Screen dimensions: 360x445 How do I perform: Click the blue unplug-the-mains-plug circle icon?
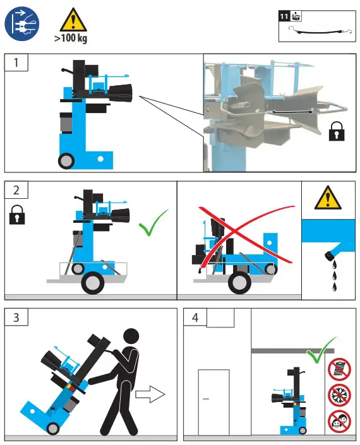coord(22,24)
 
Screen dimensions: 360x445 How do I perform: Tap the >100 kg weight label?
coord(71,38)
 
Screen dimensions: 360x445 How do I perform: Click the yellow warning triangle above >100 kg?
coord(73,20)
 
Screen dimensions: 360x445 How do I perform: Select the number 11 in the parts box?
coord(284,16)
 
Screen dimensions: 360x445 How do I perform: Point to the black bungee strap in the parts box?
coord(320,31)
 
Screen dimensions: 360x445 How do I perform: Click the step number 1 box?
coord(16,62)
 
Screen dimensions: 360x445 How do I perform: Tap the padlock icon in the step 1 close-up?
coord(337,131)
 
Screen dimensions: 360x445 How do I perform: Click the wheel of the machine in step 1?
coord(66,161)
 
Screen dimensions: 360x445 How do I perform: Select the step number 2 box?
coord(16,190)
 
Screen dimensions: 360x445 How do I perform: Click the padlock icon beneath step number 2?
coord(17,215)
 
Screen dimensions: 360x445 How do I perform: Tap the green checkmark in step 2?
coord(153,223)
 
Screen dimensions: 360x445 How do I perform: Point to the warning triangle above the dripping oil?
coord(328,198)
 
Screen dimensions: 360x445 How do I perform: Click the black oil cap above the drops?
coord(330,256)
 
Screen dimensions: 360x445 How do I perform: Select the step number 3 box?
coord(16,317)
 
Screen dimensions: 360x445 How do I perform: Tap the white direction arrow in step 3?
coord(150,395)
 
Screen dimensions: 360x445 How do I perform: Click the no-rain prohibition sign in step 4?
coord(339,369)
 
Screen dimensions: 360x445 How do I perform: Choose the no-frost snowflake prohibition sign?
coord(339,395)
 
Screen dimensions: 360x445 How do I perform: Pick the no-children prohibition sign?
coord(339,422)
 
